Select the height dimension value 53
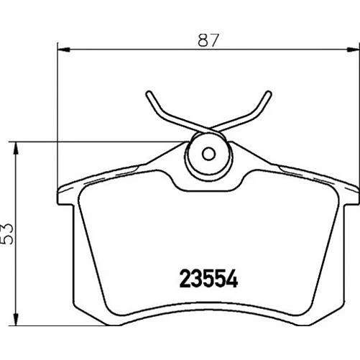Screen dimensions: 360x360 9,234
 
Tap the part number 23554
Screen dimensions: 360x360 206,277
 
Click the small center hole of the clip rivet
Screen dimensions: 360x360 208,153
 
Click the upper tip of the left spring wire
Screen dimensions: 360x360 148,93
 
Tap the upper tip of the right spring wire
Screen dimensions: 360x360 269,93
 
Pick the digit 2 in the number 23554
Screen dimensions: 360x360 182,277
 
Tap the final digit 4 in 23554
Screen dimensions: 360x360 231,277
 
